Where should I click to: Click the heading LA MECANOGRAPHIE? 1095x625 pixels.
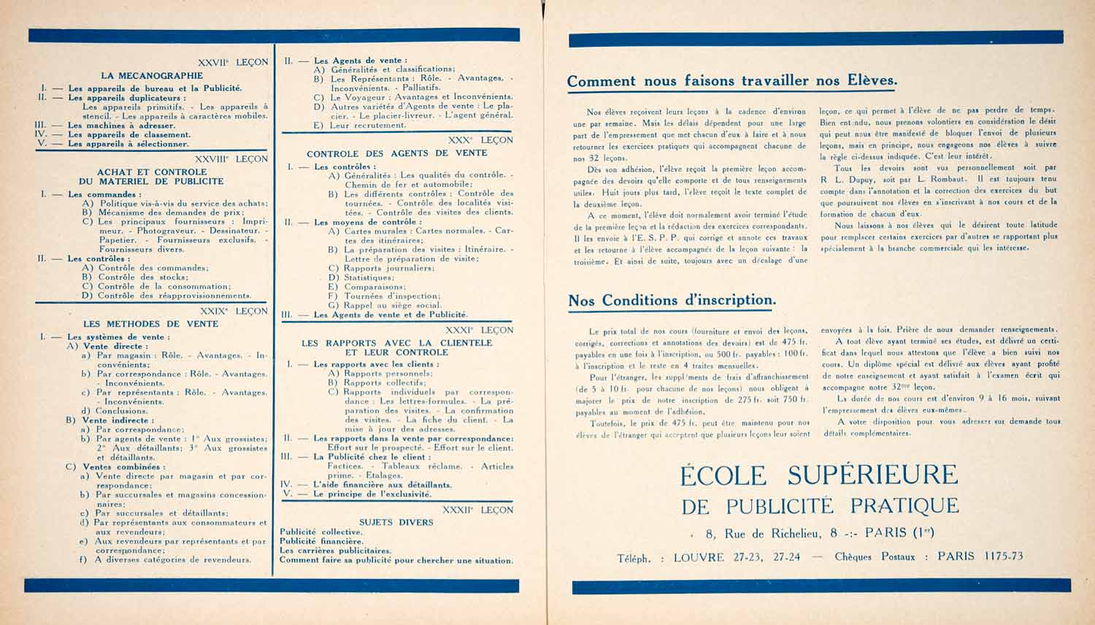[152, 75]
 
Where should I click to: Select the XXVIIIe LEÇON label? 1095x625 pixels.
[231, 158]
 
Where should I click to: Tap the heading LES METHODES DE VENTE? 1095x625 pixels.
[151, 323]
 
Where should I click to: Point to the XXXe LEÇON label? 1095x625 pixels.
[480, 139]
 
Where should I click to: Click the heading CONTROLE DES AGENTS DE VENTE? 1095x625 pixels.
[396, 153]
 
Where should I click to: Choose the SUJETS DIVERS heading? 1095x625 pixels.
[396, 522]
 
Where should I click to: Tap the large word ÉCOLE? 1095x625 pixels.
[723, 476]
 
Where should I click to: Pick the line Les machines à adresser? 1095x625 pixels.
[121, 125]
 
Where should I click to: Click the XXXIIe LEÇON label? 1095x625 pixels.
[478, 510]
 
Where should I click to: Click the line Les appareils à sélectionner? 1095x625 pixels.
[128, 144]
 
